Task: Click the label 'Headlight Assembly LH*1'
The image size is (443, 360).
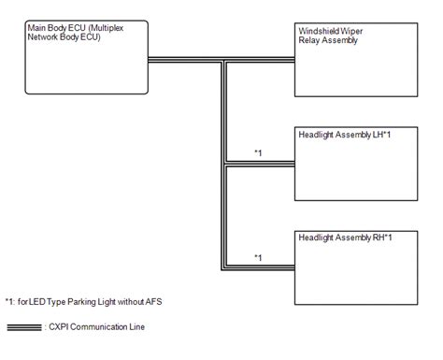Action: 341,135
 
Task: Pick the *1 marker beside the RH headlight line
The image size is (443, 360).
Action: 259,255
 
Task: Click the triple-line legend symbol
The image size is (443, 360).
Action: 22,327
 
